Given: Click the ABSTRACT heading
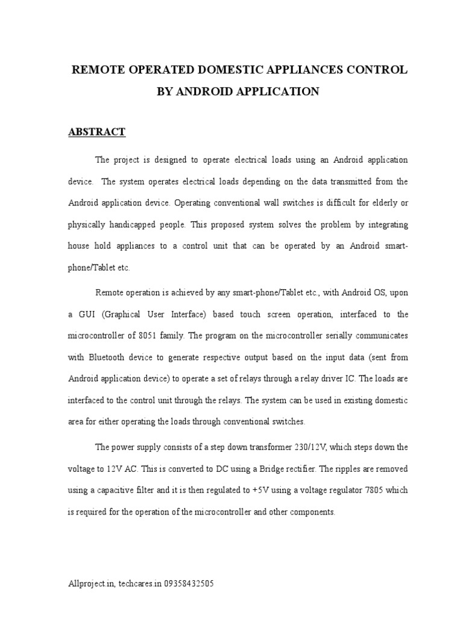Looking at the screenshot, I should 96,132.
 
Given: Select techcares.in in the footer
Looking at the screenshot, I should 139,584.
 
